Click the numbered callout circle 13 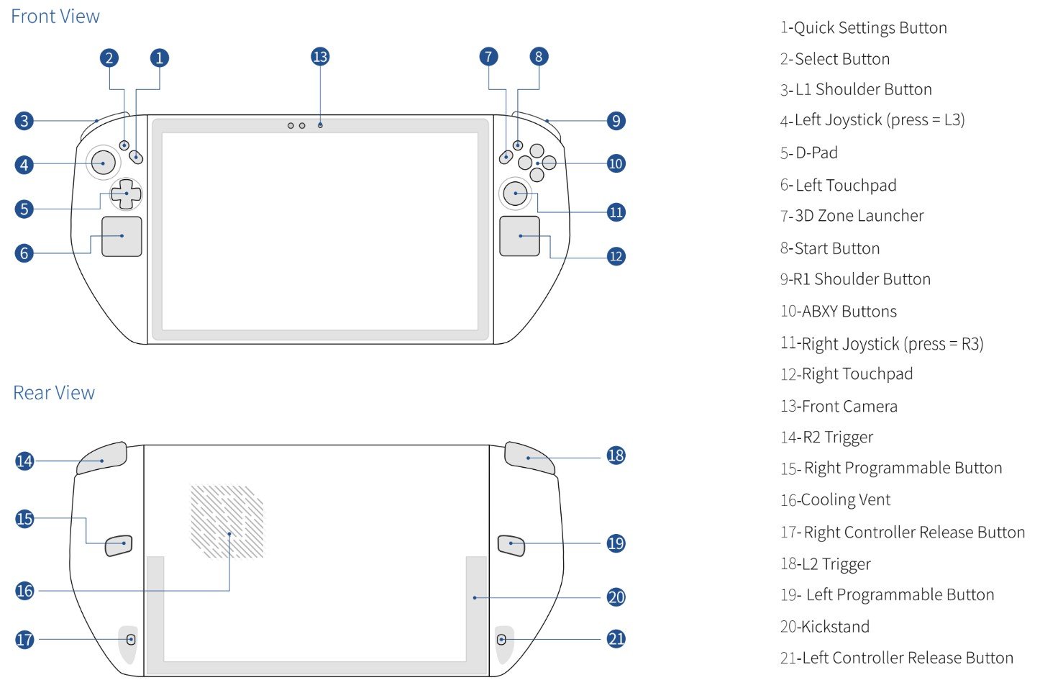320,57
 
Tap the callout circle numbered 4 24,165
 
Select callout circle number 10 616,163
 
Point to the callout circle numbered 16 24,591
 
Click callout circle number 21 616,639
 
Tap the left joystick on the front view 104,163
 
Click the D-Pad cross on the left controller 126,194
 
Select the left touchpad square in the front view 122,236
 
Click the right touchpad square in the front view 519,236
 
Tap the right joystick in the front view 516,192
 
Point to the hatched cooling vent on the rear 227,522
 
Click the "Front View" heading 55,17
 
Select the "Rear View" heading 54,393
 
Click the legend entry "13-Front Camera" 839,407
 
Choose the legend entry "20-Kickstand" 824,627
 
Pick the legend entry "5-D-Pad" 809,153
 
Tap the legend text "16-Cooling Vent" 835,500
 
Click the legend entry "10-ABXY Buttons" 839,312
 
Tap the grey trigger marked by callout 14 102,458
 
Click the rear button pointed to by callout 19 511,545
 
